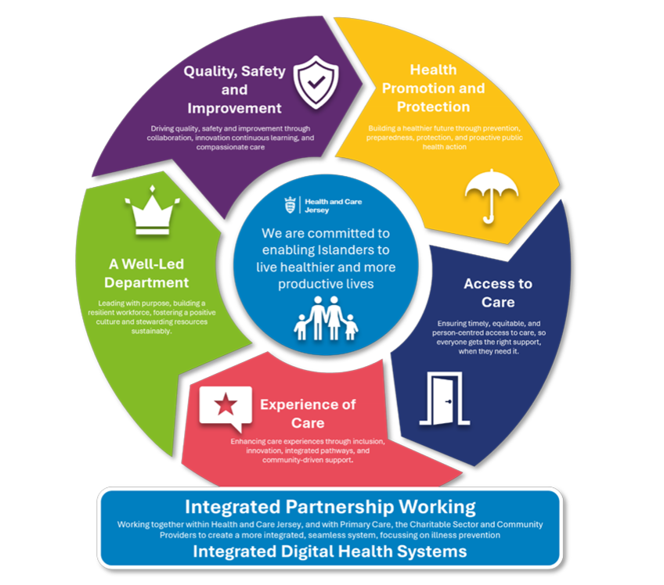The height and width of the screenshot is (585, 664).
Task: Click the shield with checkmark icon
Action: pos(316,82)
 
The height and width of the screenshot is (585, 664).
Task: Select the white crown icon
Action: pos(153,210)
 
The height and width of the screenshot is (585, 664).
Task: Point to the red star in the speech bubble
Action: pos(226,404)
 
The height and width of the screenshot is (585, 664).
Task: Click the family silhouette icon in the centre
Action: pos(326,318)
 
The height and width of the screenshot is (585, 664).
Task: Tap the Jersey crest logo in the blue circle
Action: pos(290,205)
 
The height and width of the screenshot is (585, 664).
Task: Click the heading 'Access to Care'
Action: pos(498,292)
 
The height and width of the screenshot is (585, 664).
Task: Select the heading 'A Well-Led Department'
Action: pos(146,273)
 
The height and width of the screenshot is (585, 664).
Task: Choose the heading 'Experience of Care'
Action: pos(308,413)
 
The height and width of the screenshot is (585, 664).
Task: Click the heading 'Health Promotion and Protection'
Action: pos(433,88)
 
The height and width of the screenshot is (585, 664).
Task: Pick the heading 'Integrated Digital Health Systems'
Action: pos(330,551)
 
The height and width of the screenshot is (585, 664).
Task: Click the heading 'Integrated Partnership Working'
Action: pos(330,506)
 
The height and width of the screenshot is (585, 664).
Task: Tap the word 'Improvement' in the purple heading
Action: pos(235,108)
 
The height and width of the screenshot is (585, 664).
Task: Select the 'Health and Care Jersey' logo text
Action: pos(334,206)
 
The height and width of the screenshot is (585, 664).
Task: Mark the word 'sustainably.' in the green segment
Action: pos(152,331)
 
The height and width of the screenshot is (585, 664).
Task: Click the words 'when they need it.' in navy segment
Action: pos(489,351)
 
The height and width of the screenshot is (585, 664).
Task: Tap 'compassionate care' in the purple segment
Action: pos(230,147)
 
